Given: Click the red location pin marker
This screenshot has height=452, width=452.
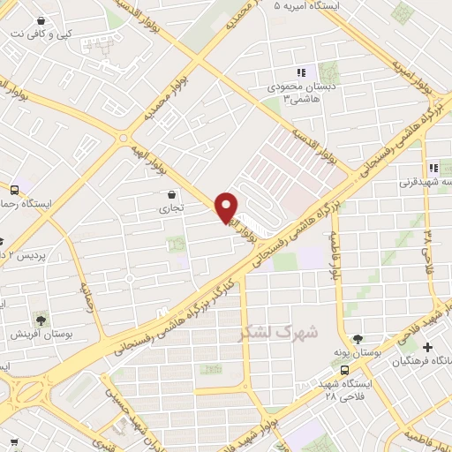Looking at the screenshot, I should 227,207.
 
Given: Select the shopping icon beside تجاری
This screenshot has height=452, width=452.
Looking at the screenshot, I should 170,195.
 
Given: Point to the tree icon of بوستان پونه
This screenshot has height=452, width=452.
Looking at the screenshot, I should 358,338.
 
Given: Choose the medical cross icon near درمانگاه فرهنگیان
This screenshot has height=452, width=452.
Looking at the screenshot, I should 427,347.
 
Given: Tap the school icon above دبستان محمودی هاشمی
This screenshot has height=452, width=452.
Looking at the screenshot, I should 301,73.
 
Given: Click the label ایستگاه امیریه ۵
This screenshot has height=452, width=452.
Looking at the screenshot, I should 309,6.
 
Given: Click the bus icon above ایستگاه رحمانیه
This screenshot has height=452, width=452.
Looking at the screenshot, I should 14,189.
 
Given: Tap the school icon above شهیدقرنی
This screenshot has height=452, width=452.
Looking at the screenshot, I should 433,168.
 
